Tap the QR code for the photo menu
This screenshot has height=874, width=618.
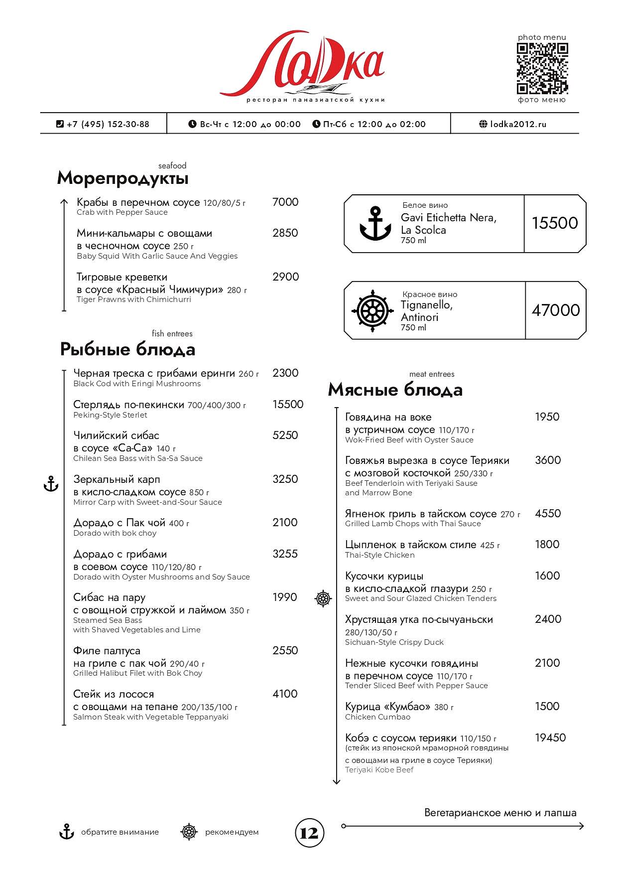click(542, 68)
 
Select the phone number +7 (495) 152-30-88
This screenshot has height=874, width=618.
click(108, 124)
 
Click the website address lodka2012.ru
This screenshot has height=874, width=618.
click(518, 124)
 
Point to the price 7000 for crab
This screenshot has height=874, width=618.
click(285, 202)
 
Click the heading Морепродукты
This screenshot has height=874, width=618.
click(123, 178)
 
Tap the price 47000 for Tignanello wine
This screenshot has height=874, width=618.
click(556, 310)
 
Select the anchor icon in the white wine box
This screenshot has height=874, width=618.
click(375, 224)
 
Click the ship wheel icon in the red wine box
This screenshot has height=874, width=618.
click(372, 311)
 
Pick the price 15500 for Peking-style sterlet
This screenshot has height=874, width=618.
click(287, 404)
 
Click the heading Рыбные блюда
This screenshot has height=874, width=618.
click(127, 349)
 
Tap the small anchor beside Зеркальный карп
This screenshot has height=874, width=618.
click(51, 484)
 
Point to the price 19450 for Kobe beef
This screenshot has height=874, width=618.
click(550, 737)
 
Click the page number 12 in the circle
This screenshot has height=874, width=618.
click(309, 833)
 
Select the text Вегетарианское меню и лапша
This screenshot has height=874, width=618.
click(500, 813)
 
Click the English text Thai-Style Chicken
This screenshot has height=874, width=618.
click(379, 555)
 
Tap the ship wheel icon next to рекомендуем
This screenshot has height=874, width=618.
click(189, 832)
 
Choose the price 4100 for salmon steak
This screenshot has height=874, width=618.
click(285, 694)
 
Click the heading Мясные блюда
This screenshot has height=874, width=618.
click(395, 390)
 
